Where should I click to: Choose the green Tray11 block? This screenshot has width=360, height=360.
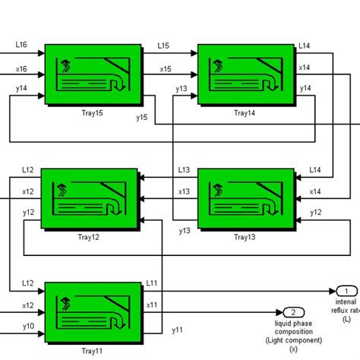[93, 312]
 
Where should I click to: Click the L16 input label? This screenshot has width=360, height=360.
[21, 46]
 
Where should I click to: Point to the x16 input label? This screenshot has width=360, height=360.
[21, 68]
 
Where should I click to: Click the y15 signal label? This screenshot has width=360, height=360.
[142, 117]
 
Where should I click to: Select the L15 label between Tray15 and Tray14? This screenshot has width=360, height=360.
[164, 46]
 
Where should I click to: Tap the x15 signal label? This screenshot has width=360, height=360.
[165, 68]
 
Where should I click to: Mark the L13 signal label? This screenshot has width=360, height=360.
[183, 170]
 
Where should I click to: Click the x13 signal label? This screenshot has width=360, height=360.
[183, 192]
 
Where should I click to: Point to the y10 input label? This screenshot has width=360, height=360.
[28, 327]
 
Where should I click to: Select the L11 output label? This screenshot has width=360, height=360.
[152, 283]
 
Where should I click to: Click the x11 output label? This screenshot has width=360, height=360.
[152, 305]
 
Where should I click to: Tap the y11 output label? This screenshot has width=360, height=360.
[176, 330]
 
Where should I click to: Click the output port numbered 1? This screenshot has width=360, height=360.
[346, 291]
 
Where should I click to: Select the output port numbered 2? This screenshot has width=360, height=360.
[292, 312]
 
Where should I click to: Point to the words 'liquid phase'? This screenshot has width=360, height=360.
[293, 324]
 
